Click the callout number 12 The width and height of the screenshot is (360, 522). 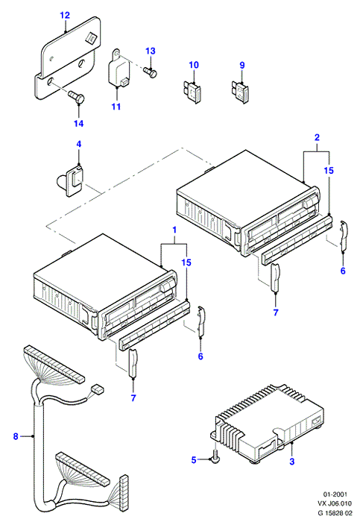(x=65, y=16)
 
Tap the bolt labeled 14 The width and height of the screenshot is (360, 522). (x=77, y=97)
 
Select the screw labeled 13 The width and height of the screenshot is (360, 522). (x=151, y=72)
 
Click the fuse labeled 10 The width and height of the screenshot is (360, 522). (x=192, y=90)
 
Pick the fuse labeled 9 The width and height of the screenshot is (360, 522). (x=239, y=91)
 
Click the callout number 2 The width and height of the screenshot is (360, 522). (x=317, y=137)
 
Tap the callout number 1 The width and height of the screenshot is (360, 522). (x=174, y=230)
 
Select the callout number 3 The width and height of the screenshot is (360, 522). (x=291, y=462)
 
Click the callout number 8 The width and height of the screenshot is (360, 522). (x=16, y=436)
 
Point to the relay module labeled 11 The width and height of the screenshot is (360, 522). (x=119, y=69)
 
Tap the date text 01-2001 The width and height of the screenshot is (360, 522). (x=335, y=494)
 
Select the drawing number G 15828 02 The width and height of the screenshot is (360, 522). (x=334, y=513)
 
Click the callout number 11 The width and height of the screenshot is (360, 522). (x=116, y=107)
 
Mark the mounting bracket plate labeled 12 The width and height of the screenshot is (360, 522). (x=68, y=58)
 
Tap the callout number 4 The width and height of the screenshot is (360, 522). (x=79, y=145)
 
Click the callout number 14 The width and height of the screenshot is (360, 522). (x=78, y=124)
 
